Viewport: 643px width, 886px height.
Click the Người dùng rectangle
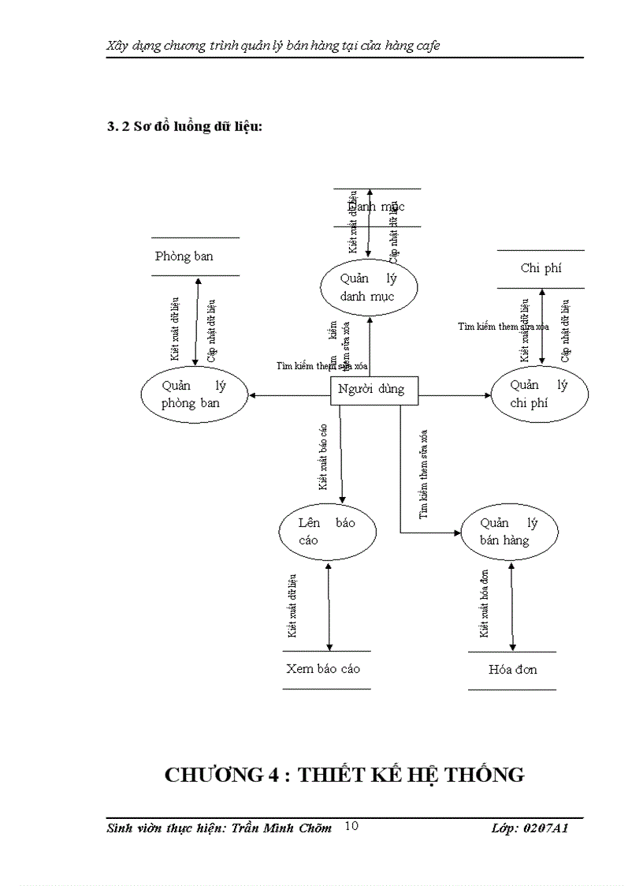(373, 389)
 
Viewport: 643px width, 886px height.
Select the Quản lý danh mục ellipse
(368, 288)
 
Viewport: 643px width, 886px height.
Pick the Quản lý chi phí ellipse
(539, 394)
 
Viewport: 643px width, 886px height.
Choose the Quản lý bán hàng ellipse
(509, 532)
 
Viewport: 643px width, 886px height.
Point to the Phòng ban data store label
(184, 256)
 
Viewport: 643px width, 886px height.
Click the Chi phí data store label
(541, 268)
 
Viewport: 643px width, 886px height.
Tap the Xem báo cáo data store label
(323, 668)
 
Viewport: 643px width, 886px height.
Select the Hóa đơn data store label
(512, 669)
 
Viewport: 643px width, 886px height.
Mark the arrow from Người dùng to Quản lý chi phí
(453, 394)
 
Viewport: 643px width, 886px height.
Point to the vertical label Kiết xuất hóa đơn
(485, 604)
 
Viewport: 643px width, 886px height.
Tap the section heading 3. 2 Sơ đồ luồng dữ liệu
(184, 127)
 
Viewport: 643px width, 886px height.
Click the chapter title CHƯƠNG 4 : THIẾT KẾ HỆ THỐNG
(344, 775)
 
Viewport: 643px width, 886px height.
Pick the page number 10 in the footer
(351, 826)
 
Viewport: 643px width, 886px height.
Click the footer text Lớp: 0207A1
(530, 828)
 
